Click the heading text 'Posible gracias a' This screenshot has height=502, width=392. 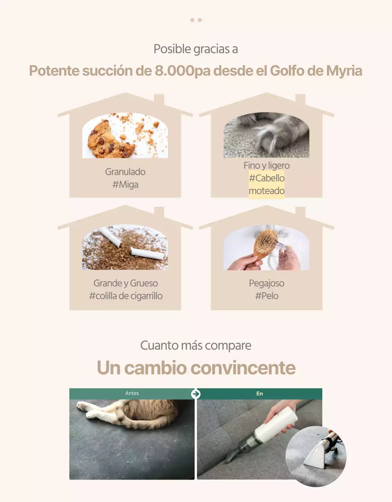pyautogui.click(x=196, y=49)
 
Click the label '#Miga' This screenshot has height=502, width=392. pyautogui.click(x=125, y=184)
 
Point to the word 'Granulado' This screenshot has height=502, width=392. pyautogui.click(x=125, y=172)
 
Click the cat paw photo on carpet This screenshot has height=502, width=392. pyautogui.click(x=266, y=135)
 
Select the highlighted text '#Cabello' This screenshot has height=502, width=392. pyautogui.click(x=267, y=178)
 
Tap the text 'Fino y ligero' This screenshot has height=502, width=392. pyautogui.click(x=267, y=166)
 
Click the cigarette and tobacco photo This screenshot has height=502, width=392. pyautogui.click(x=125, y=247)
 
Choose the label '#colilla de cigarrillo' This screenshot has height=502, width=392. pyautogui.click(x=126, y=296)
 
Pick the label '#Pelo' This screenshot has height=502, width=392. pyautogui.click(x=267, y=296)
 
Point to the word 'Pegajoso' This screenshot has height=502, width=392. pyautogui.click(x=267, y=283)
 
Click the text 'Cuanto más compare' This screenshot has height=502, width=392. pyautogui.click(x=196, y=346)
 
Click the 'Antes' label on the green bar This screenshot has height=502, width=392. pyautogui.click(x=132, y=393)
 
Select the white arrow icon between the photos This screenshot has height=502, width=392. pyautogui.click(x=196, y=394)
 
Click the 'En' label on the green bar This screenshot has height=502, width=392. pyautogui.click(x=260, y=394)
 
